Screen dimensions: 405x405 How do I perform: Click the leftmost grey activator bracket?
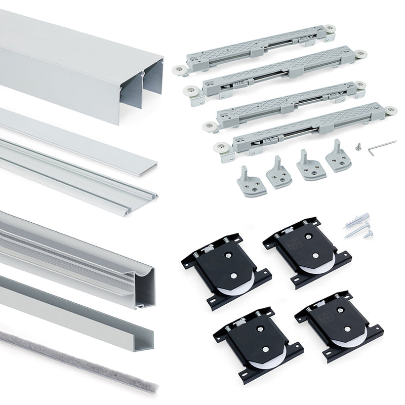[248, 183]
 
